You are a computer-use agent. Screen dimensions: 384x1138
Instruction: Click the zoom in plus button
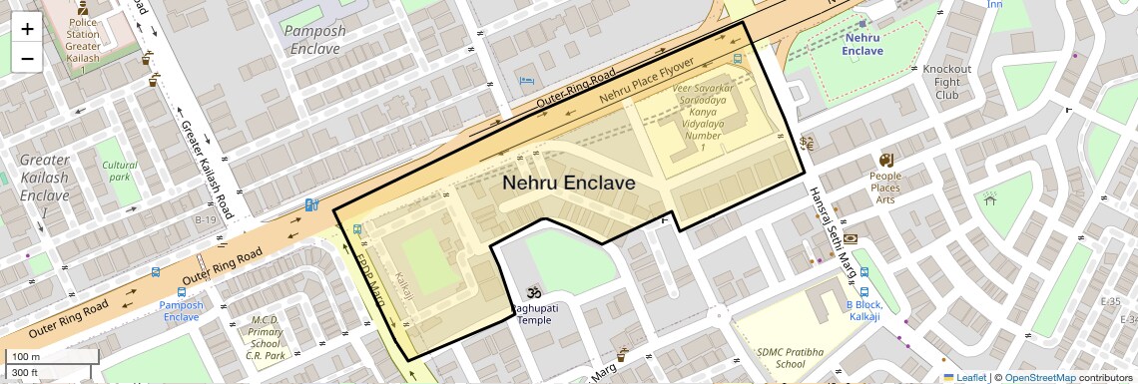click(x=27, y=29)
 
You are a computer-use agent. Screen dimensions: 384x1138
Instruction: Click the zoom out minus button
click(x=27, y=58)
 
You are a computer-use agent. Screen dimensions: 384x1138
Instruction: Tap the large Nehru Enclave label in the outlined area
click(x=568, y=183)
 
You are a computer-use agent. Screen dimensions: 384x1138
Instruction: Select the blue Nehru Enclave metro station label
click(x=862, y=44)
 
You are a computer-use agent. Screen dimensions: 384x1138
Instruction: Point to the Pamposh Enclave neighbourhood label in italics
click(x=314, y=39)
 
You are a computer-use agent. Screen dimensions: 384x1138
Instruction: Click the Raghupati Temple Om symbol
click(x=532, y=293)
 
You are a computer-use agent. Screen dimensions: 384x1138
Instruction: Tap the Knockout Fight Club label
click(x=947, y=82)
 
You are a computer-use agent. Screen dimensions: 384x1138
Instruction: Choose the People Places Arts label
click(x=884, y=188)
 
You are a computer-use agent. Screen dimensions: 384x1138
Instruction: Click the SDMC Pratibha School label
click(x=781, y=357)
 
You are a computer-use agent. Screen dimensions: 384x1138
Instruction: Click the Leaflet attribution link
click(x=964, y=378)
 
